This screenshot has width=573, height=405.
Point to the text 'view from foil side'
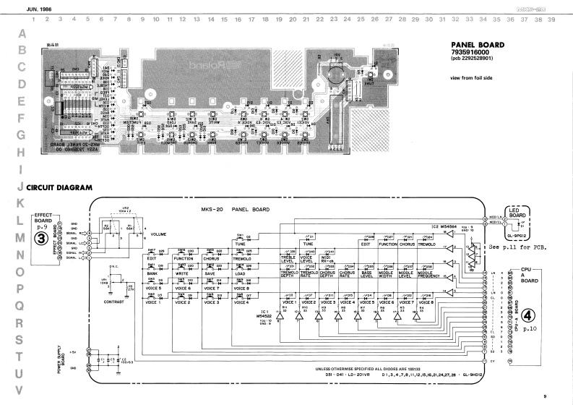point(471,77)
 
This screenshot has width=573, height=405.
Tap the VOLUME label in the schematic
point(158,235)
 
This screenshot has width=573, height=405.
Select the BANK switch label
point(152,273)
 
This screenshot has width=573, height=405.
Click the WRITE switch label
point(181,273)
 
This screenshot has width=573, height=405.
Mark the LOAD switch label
point(241,273)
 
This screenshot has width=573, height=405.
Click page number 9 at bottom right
point(545,395)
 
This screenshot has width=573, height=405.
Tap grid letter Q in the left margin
point(22,305)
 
